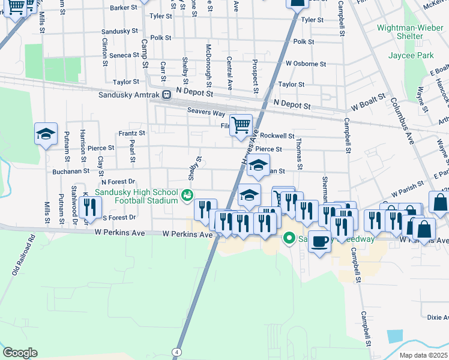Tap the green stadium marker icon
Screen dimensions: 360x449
pyautogui.click(x=187, y=194)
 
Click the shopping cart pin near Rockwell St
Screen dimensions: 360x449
pyautogui.click(x=241, y=125)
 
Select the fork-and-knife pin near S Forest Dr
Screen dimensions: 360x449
pyautogui.click(x=88, y=207)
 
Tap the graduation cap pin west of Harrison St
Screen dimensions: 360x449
pyautogui.click(x=46, y=134)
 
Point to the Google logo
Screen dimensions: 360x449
pyautogui.click(x=20, y=352)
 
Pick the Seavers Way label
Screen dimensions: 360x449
pyautogui.click(x=205, y=112)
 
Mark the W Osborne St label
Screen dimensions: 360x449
pyautogui.click(x=306, y=64)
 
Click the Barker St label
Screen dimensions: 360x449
pyautogui.click(x=125, y=8)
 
